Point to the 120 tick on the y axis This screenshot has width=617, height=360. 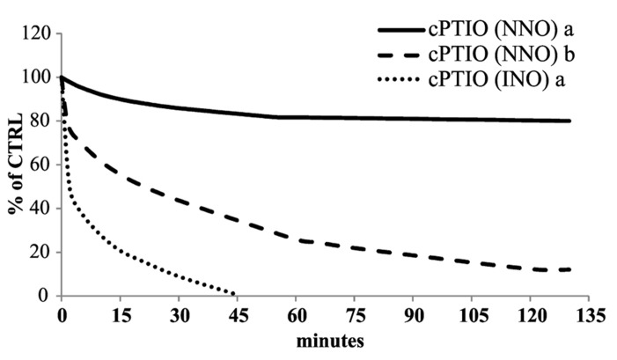[42, 34]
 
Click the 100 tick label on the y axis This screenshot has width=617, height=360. [42, 77]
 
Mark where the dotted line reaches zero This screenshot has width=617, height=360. [235, 294]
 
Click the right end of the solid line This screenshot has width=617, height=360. [570, 121]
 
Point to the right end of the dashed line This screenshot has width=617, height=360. [570, 268]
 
